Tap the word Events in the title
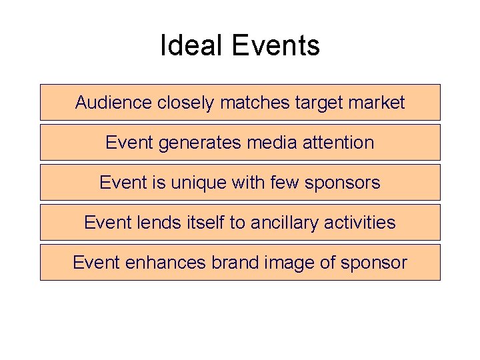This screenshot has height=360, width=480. click(x=276, y=46)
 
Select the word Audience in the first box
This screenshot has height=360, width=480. click(x=113, y=103)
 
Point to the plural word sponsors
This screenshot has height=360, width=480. click(x=343, y=183)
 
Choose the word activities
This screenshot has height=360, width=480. click(x=360, y=222)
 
